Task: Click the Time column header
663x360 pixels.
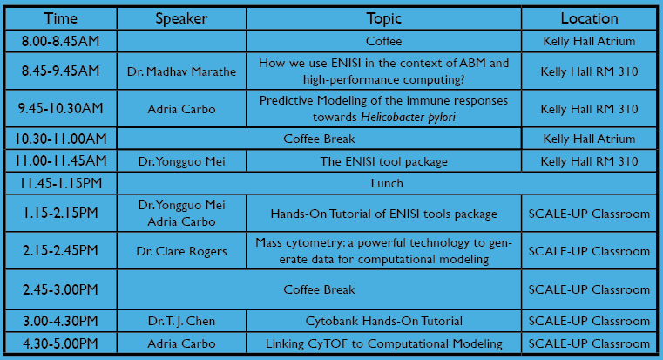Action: [x=60, y=18]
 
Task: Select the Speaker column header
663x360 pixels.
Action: [x=181, y=18]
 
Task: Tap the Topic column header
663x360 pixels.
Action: [x=383, y=18]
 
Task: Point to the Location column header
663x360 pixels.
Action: [x=589, y=18]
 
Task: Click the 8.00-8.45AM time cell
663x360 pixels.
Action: [x=60, y=41]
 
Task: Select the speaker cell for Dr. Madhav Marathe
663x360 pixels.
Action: [x=181, y=71]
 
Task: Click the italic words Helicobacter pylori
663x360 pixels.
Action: [x=408, y=117]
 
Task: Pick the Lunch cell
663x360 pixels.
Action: [x=387, y=183]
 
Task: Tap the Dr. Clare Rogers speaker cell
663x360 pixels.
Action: [x=181, y=251]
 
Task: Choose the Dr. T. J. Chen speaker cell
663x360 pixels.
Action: [x=181, y=321]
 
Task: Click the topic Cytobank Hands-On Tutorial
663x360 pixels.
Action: [x=383, y=321]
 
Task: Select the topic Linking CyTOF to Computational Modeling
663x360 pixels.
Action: [x=383, y=343]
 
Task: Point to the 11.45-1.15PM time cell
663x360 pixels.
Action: [x=60, y=183]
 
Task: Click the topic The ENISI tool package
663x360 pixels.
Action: [x=383, y=161]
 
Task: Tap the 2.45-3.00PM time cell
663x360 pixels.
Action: [x=60, y=289]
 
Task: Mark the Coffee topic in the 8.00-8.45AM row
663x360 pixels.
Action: [x=383, y=41]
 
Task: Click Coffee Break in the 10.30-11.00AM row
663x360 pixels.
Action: [x=319, y=139]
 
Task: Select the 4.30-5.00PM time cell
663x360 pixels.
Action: [x=60, y=343]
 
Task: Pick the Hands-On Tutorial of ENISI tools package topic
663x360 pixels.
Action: [x=383, y=214]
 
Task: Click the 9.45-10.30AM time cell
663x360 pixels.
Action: [x=60, y=109]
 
